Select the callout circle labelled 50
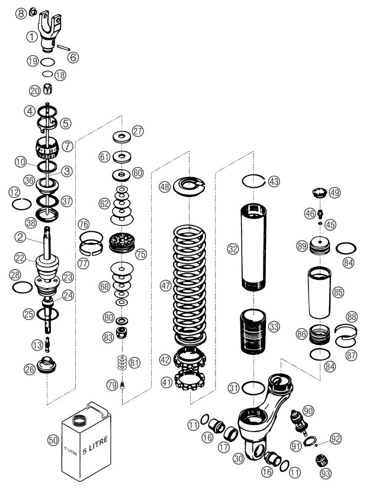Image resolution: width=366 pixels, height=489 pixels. point(53,440)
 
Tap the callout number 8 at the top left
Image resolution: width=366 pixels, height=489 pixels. point(20,12)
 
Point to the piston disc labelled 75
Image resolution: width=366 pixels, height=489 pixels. point(124,243)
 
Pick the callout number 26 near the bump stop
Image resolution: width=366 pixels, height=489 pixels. point(29,368)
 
